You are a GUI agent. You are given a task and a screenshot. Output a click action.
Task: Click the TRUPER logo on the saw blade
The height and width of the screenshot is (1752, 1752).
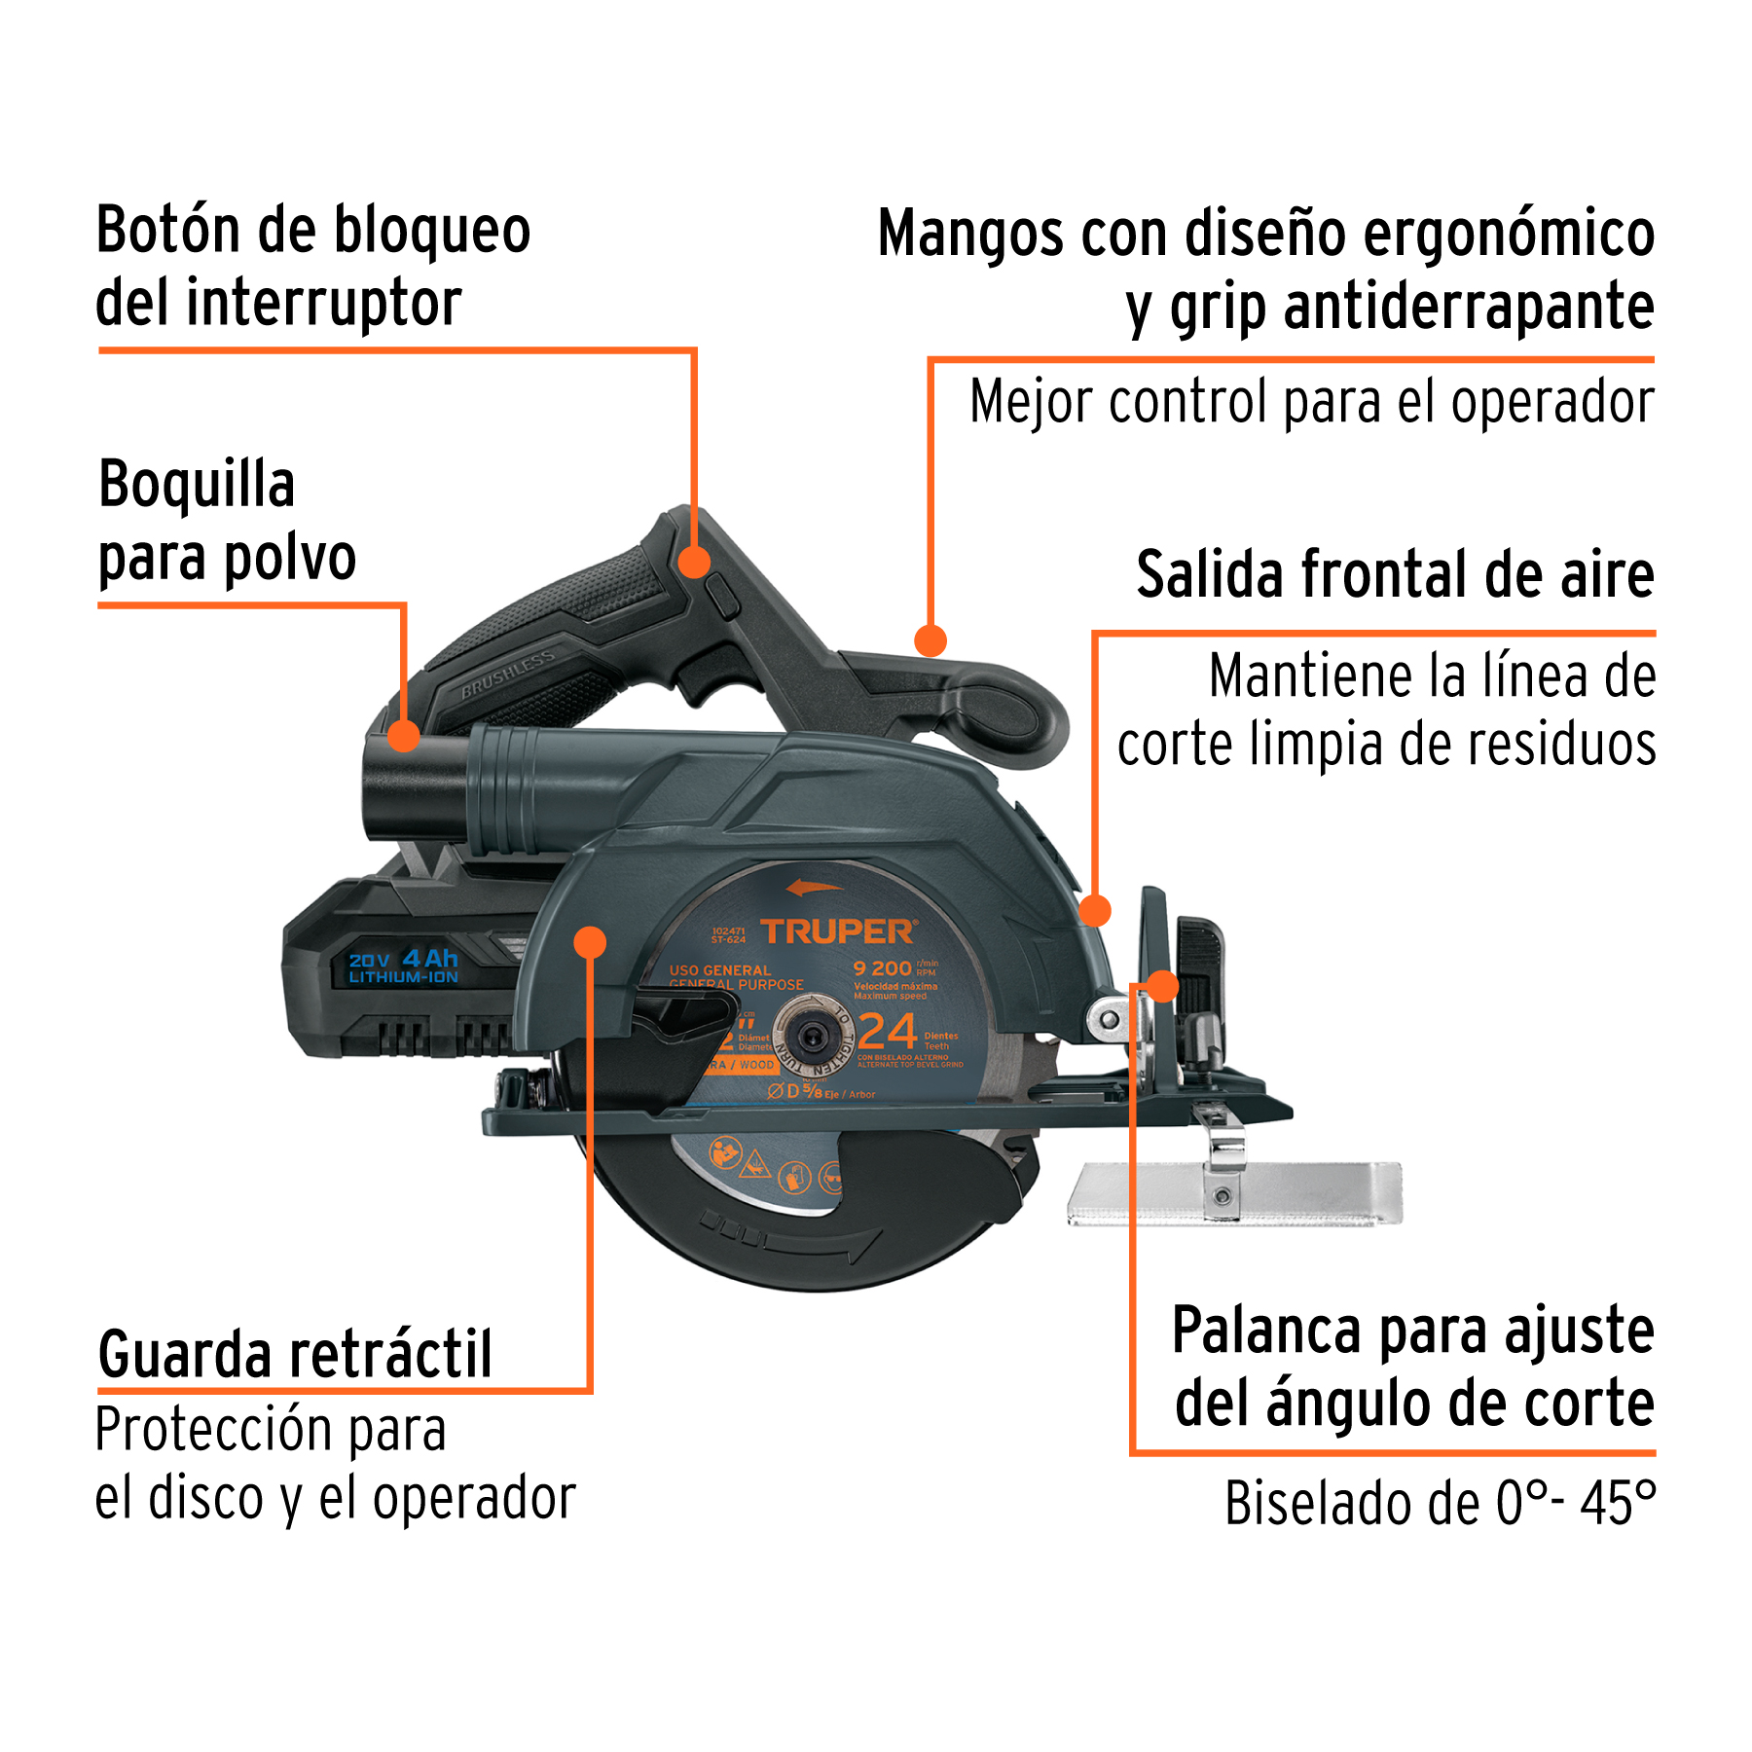837,931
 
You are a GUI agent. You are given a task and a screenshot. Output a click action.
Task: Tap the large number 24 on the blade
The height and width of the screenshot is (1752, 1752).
888,1032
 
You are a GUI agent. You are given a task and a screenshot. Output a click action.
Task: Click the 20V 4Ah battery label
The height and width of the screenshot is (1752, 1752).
403,967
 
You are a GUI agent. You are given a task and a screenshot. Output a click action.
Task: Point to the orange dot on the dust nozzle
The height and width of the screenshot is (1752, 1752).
404,735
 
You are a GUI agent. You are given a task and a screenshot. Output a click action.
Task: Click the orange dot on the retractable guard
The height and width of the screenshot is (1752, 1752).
590,942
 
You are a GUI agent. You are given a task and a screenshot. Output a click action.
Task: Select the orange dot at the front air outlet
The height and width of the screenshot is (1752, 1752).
1095,910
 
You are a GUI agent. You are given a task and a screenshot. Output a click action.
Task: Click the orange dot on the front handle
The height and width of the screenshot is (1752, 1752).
931,640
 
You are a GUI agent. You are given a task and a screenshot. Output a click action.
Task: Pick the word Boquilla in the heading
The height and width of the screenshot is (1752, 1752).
197,484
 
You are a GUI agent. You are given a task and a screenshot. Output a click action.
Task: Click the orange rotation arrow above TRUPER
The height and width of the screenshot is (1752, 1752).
813,887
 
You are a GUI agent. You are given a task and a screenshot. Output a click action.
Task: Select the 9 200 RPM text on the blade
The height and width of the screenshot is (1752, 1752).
884,967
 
